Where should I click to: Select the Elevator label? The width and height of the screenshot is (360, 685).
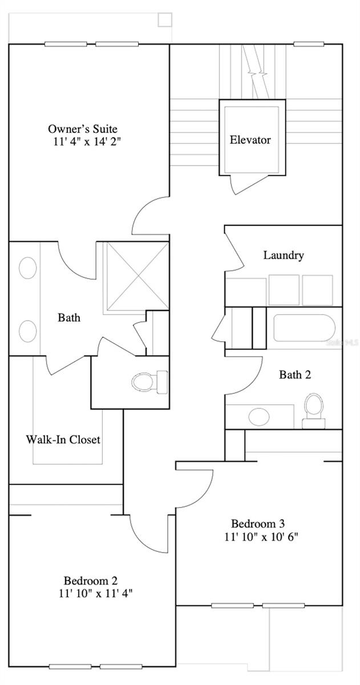[250, 140]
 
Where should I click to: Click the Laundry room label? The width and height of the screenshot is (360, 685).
[283, 255]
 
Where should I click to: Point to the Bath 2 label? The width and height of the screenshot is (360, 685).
[294, 374]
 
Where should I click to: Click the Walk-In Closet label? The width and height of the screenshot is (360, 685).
[63, 440]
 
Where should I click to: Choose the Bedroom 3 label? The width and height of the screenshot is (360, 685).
[257, 523]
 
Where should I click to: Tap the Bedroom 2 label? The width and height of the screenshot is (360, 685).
[91, 581]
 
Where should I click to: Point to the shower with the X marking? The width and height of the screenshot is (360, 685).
[136, 276]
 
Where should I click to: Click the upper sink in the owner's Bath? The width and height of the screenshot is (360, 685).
[27, 268]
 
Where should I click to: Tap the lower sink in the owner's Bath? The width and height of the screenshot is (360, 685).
[27, 331]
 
